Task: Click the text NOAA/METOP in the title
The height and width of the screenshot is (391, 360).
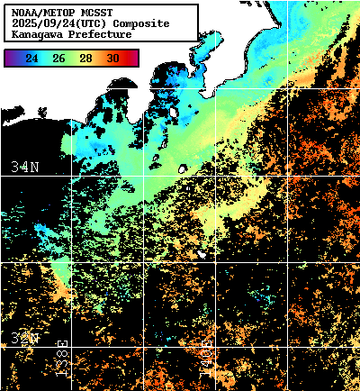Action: click(x=42, y=13)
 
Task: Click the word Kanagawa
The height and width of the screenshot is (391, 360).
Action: click(x=39, y=34)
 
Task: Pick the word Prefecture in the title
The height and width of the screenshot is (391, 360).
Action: click(x=100, y=34)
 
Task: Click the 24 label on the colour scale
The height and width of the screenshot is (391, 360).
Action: click(x=31, y=58)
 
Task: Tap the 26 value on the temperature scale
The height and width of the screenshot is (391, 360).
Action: click(x=58, y=58)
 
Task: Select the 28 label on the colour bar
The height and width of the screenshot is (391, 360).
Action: click(x=85, y=58)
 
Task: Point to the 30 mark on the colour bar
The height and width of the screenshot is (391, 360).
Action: click(x=112, y=58)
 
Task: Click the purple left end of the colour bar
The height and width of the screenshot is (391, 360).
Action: click(x=9, y=58)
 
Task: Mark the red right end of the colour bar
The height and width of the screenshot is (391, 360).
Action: click(x=134, y=58)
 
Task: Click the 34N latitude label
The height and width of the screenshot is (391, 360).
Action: click(x=24, y=168)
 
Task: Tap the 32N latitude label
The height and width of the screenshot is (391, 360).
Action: click(x=24, y=339)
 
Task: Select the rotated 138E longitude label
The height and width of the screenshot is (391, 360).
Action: click(x=62, y=357)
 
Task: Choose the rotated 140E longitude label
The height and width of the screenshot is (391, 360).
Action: click(x=206, y=357)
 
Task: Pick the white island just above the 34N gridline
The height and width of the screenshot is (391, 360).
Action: click(x=183, y=168)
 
